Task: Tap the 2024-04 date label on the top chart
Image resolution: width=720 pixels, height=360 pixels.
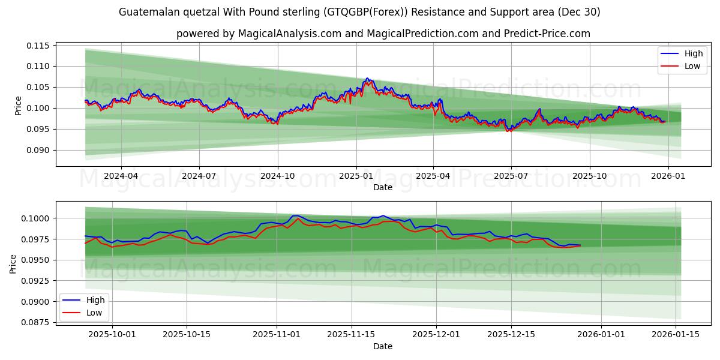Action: tap(121, 176)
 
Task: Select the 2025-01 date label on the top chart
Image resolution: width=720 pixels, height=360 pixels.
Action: tap(356, 176)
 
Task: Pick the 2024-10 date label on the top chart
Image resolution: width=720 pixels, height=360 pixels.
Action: tap(277, 176)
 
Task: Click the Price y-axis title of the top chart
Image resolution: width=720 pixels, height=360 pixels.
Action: tap(18, 106)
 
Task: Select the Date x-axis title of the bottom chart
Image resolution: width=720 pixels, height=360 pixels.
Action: tap(383, 346)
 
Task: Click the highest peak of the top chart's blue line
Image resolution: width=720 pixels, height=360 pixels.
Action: tap(367, 78)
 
